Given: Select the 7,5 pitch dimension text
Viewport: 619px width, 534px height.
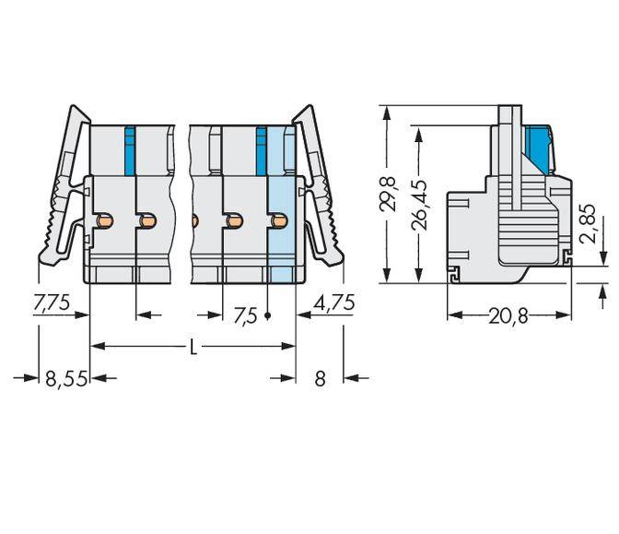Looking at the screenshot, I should pyautogui.click(x=245, y=315).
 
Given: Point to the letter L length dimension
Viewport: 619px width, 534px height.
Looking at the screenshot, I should pyautogui.click(x=193, y=347).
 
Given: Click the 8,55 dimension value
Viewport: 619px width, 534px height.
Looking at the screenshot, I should pyautogui.click(x=66, y=378).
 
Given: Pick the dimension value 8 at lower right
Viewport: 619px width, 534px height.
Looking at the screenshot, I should pyautogui.click(x=320, y=378).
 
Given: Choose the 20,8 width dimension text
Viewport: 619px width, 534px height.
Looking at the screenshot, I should pyautogui.click(x=508, y=316).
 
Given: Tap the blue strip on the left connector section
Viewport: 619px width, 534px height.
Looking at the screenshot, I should pyautogui.click(x=129, y=149).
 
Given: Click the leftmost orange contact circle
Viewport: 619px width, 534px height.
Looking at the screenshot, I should pyautogui.click(x=106, y=221).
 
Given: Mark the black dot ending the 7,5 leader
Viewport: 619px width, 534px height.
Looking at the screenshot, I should pyautogui.click(x=268, y=315).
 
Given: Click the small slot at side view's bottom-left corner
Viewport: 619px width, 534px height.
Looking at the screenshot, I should pyautogui.click(x=454, y=273).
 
